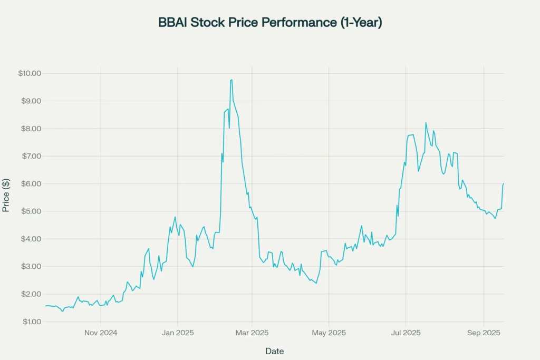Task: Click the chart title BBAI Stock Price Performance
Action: coord(269,23)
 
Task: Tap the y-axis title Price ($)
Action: coord(6,194)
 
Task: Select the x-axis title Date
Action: coord(274,351)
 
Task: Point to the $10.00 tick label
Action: coord(29,73)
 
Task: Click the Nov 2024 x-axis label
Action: coord(101,333)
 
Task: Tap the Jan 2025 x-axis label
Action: coord(178,333)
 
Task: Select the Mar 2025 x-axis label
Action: coord(252,333)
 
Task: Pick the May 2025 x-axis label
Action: coord(329,333)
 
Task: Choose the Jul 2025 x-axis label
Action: coord(406,333)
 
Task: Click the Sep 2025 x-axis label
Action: coord(484,333)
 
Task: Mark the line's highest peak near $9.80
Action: coord(232,80)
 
